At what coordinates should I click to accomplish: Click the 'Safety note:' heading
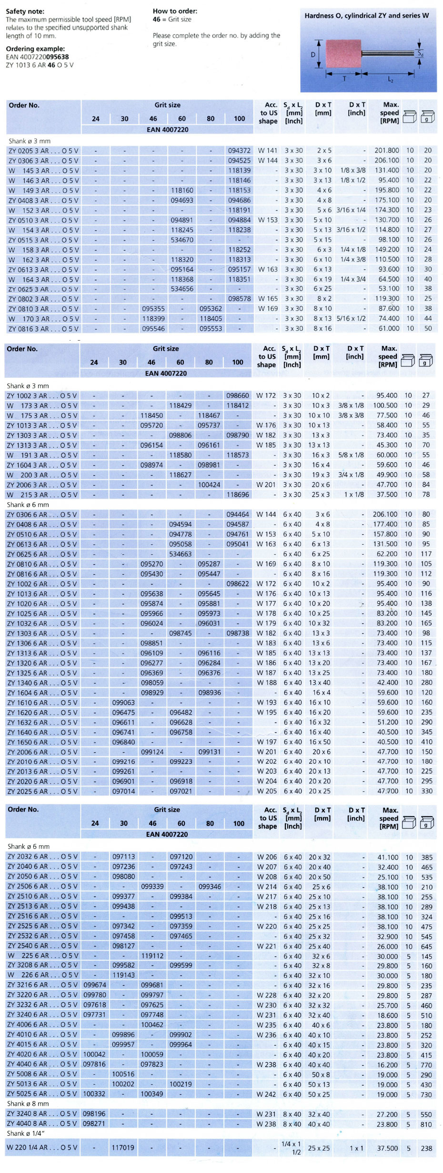coord(25,11)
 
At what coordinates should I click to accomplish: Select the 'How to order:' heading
coord(175,11)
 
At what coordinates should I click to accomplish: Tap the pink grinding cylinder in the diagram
coord(343,54)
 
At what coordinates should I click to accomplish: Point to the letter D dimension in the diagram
coord(313,54)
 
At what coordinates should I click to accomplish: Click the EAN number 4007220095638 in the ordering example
coord(37,57)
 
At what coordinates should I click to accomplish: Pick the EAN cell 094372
coord(239,150)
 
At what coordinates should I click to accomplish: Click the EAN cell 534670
coord(182,240)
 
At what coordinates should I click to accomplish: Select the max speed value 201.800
coord(386,150)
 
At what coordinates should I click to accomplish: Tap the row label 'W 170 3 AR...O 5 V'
coord(43,319)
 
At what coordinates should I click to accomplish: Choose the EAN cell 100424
coord(209,485)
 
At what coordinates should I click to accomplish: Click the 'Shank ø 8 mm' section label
coord(28,1103)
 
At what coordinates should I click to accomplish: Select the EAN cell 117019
coord(123,1148)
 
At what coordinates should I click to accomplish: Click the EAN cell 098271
coord(94,1123)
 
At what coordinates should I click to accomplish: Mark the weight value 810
coord(426,1124)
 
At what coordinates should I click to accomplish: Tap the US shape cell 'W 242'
coord(266,1094)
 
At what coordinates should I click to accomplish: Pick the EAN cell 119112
coord(152,956)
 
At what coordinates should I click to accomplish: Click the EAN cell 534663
coord(180,554)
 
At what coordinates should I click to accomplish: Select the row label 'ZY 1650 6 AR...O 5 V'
coord(42,742)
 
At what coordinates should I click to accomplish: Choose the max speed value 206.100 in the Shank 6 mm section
coord(385,514)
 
